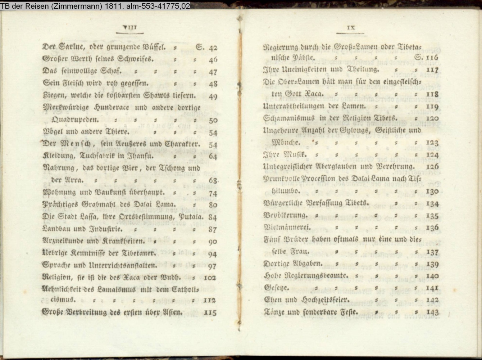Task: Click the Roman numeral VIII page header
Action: (129, 27)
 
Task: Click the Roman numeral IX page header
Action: (351, 27)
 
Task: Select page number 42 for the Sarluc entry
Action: (213, 48)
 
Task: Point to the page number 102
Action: (210, 278)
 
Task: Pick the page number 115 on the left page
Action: (210, 312)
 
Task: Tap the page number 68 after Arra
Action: (213, 180)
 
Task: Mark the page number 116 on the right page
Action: (432, 58)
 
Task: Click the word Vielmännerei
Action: (287, 228)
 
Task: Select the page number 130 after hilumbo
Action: (432, 192)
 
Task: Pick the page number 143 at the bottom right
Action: (432, 312)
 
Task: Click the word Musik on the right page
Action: (295, 155)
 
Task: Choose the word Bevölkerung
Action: (286, 215)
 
